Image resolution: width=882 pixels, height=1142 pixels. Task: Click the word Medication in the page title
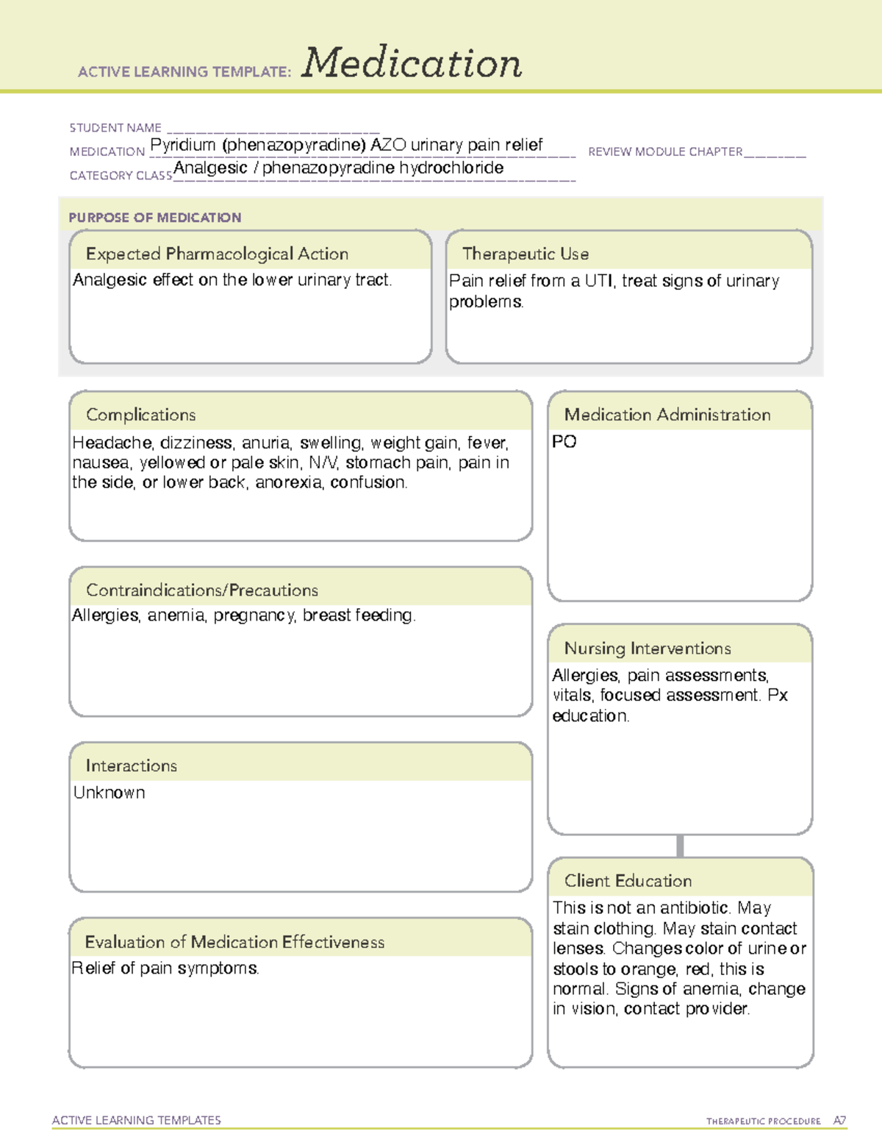[x=412, y=63]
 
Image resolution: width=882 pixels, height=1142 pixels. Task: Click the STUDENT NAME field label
[x=115, y=128]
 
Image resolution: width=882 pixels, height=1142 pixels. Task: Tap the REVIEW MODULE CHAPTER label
[x=665, y=151]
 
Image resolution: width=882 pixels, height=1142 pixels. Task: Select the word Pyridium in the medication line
[x=183, y=145]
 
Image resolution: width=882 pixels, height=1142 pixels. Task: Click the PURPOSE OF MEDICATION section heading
[x=155, y=218]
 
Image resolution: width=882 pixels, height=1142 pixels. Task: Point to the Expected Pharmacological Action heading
[x=217, y=254]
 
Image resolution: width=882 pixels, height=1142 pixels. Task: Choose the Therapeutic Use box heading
[x=526, y=254]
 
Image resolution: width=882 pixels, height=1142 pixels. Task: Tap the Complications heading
[x=141, y=415]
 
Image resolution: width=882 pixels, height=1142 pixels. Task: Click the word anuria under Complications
[x=266, y=443]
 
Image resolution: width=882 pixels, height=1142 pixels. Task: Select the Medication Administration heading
[x=667, y=415]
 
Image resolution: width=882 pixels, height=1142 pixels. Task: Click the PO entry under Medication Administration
[x=564, y=442]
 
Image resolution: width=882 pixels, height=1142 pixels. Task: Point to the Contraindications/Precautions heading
[x=202, y=590]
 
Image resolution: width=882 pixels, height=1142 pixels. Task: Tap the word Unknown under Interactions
[x=110, y=793]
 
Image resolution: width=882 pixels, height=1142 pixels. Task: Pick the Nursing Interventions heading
[x=648, y=649]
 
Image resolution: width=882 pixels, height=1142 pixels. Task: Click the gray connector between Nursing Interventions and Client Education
[x=680, y=846]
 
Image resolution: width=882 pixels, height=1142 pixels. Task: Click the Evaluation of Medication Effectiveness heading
[x=234, y=942]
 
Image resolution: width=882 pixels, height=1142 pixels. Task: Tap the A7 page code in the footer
[x=839, y=1121]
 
